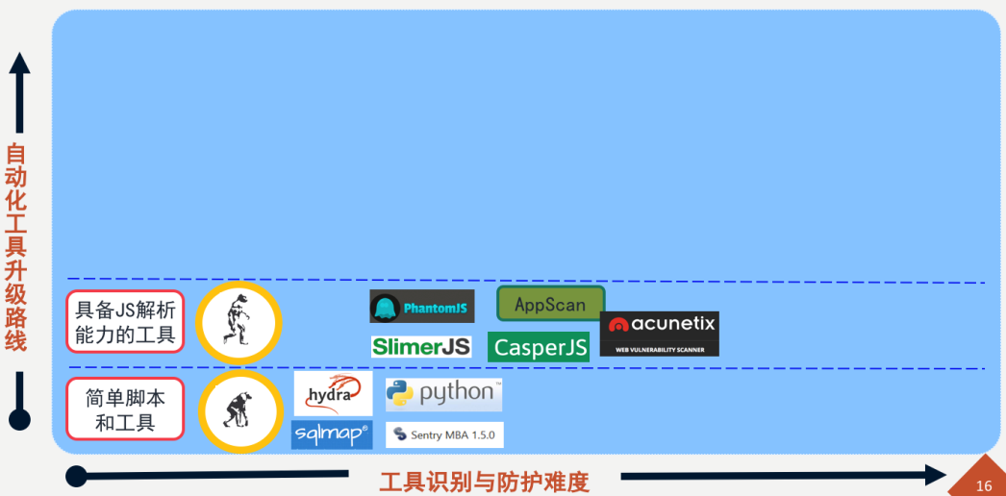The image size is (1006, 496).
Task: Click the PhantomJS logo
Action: coord(421,307)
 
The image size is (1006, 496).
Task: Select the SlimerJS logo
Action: coord(421,346)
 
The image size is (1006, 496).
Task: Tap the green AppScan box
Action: coord(550,304)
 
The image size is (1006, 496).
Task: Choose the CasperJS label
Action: coord(539,347)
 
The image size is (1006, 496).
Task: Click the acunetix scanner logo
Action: coord(659,333)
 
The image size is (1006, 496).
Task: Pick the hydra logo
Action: coord(333,394)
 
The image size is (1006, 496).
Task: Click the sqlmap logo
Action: coord(332,434)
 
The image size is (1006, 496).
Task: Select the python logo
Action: coord(443,394)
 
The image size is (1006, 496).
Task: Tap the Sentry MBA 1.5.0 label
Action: coord(444,434)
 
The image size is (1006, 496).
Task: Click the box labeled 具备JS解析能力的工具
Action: coord(125,321)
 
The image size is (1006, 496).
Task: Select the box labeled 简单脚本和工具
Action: coord(125,409)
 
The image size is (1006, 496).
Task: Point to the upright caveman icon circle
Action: coord(238,321)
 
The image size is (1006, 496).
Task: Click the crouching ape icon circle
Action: coord(239,411)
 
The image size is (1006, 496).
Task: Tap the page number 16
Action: coord(983,485)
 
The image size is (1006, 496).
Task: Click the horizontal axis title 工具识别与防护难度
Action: coord(484,481)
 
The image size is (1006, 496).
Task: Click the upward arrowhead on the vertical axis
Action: coord(18,66)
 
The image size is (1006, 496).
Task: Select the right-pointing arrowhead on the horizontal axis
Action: coord(936,475)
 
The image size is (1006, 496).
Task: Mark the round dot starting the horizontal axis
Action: coord(77,475)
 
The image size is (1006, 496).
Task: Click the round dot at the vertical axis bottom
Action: coord(18,420)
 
